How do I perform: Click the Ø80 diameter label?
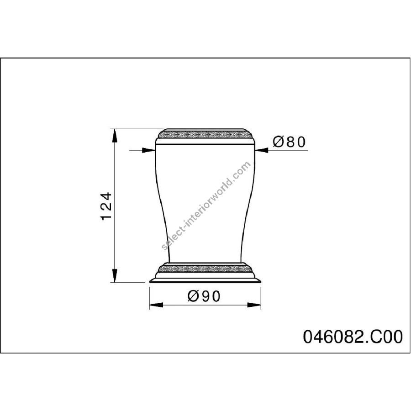[289, 142]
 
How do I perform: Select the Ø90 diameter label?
[204, 296]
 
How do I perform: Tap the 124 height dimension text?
[106, 206]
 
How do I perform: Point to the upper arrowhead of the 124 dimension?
[114, 136]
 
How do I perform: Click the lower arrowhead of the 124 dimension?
[114, 275]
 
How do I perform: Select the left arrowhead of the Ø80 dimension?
[148, 150]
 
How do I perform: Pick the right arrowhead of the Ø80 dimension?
[261, 150]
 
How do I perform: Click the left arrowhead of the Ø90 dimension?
[156, 305]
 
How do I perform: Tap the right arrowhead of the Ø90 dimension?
[254, 305]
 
